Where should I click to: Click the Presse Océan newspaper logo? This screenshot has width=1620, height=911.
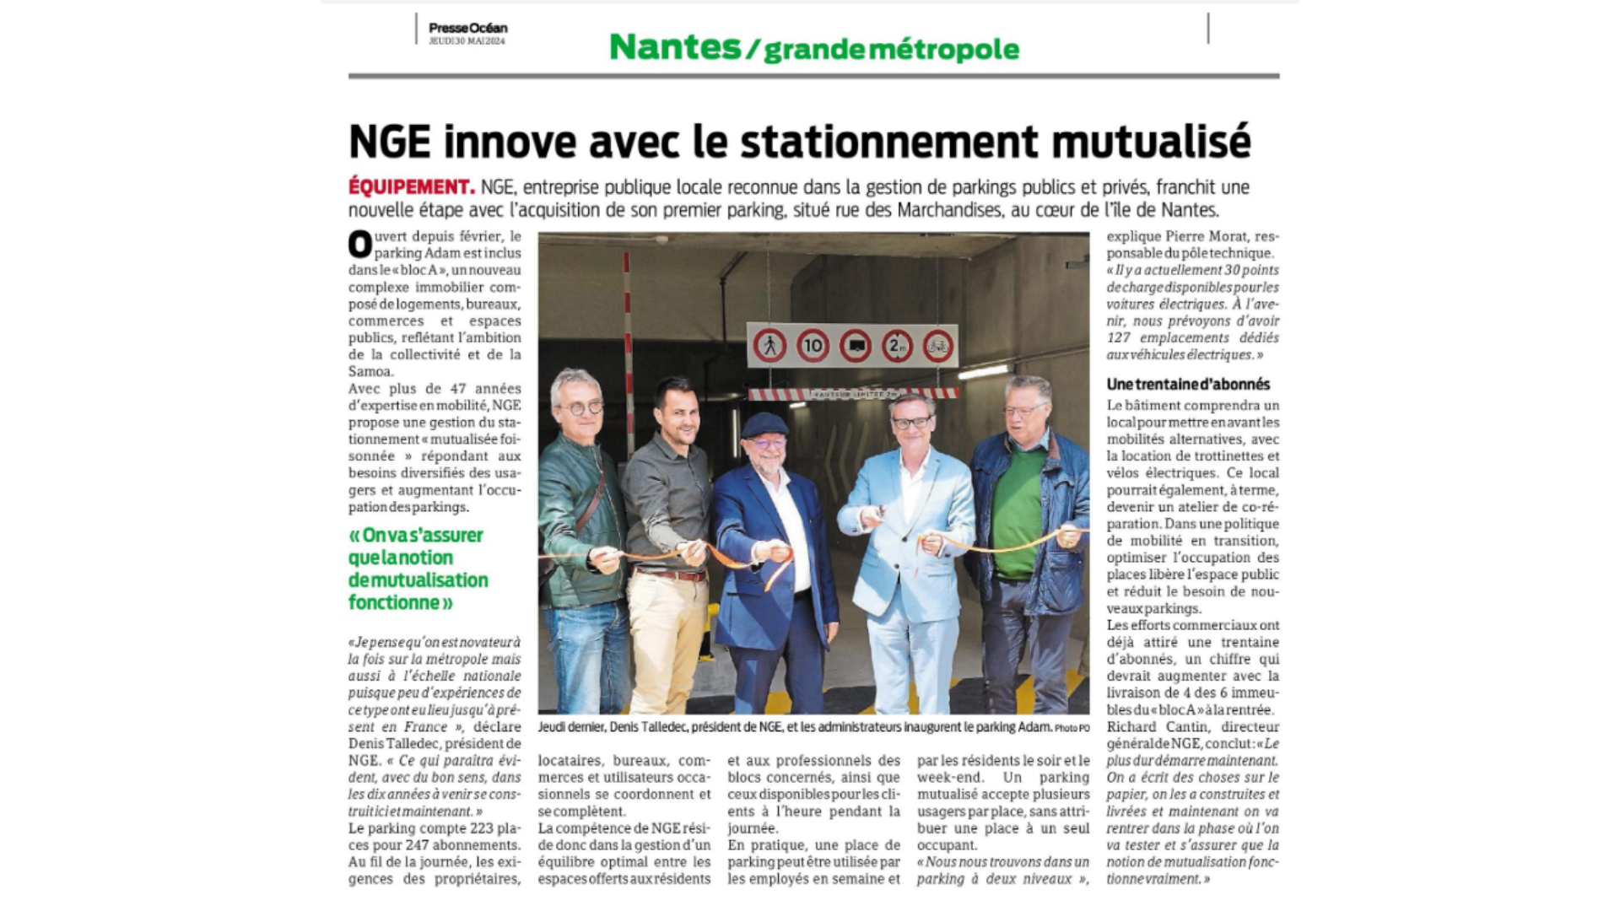[467, 28]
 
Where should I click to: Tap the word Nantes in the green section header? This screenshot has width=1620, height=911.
[674, 47]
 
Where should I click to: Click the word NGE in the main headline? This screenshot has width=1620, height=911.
[390, 141]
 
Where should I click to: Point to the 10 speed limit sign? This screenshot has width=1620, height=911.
[813, 345]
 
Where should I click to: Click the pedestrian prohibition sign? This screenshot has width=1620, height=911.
[769, 345]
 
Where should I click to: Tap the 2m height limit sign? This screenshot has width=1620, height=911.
[897, 345]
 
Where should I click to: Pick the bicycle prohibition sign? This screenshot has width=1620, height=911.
[938, 345]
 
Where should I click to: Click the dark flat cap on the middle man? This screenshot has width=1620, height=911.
[764, 423]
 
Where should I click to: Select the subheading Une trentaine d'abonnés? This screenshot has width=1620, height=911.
[1188, 384]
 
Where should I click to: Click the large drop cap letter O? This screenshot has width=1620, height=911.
[360, 245]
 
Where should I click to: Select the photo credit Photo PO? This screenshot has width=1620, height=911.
[1072, 728]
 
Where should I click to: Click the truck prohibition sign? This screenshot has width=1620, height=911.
[855, 345]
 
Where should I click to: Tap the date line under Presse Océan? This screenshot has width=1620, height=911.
[467, 40]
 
